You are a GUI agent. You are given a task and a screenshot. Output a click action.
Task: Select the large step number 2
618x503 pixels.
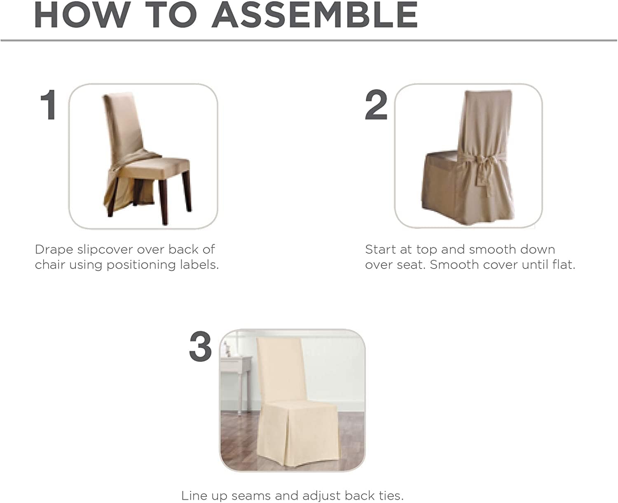(376, 105)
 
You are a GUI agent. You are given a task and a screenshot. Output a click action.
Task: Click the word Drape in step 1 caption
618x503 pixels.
(54, 250)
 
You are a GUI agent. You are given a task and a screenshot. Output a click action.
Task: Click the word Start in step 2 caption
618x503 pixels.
(381, 250)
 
